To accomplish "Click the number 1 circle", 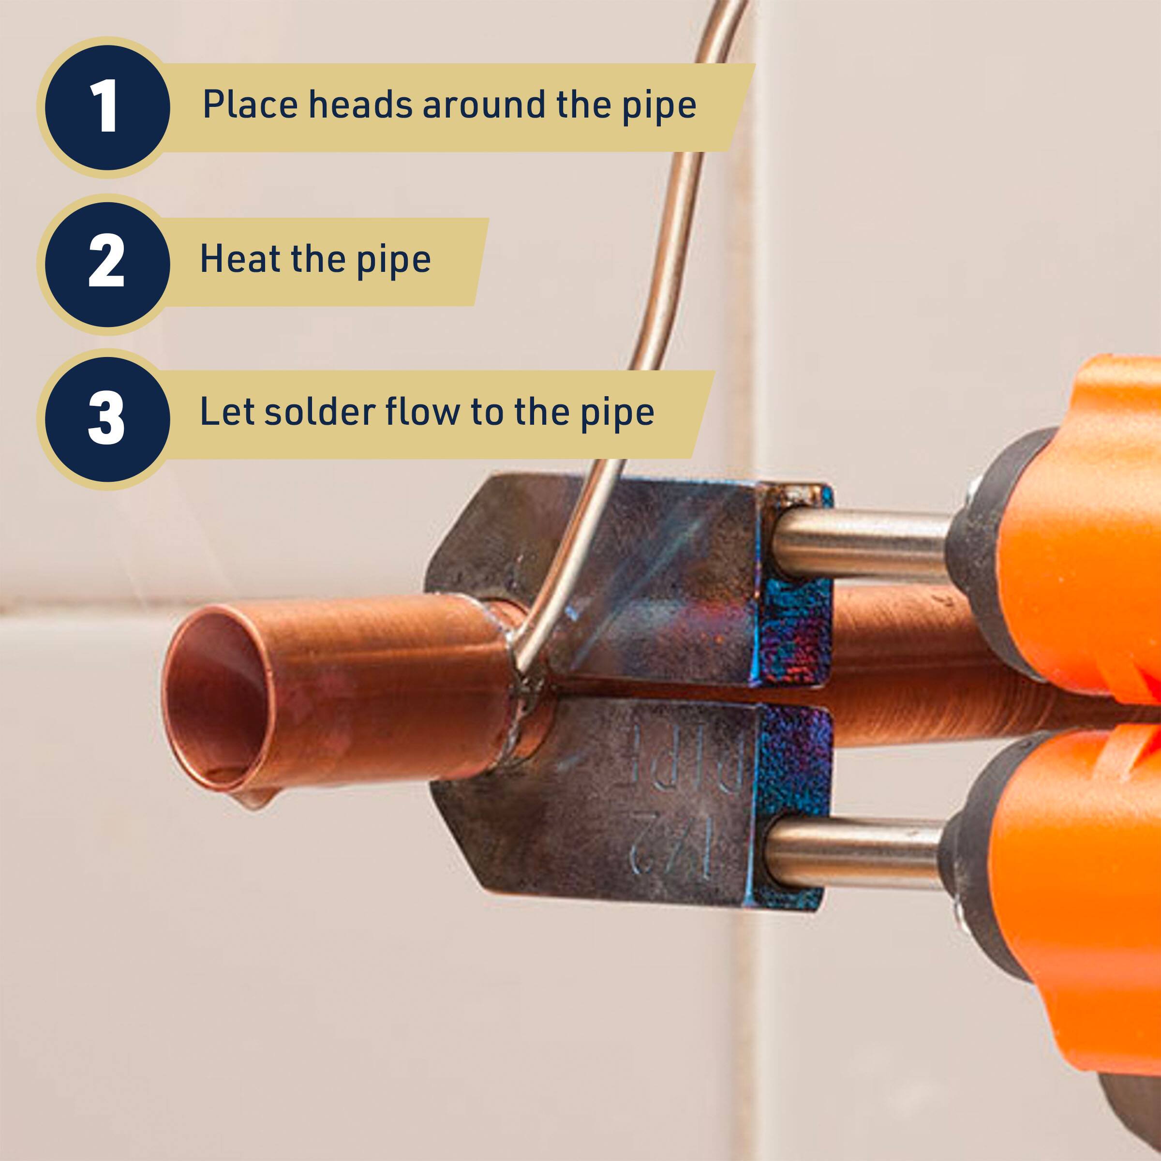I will tap(107, 107).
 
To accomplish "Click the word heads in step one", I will tap(360, 104).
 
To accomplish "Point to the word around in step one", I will tap(484, 104).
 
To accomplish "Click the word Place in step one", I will tap(250, 104).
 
